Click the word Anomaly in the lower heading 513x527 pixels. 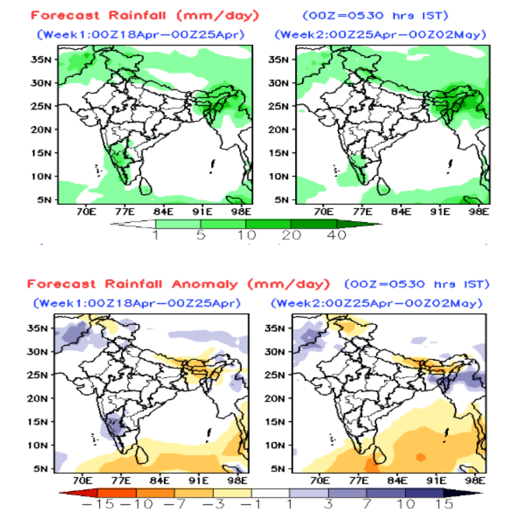[x=205, y=284]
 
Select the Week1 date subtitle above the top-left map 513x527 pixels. [x=140, y=35]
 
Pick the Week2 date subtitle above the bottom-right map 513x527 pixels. [x=377, y=303]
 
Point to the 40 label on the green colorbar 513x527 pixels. [x=337, y=235]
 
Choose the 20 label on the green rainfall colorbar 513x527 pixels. [x=291, y=235]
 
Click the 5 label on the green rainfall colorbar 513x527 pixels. [x=201, y=235]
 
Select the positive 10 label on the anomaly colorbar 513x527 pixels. [x=406, y=504]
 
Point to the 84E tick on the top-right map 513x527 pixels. [x=401, y=211]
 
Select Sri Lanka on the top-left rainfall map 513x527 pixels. [x=145, y=187]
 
